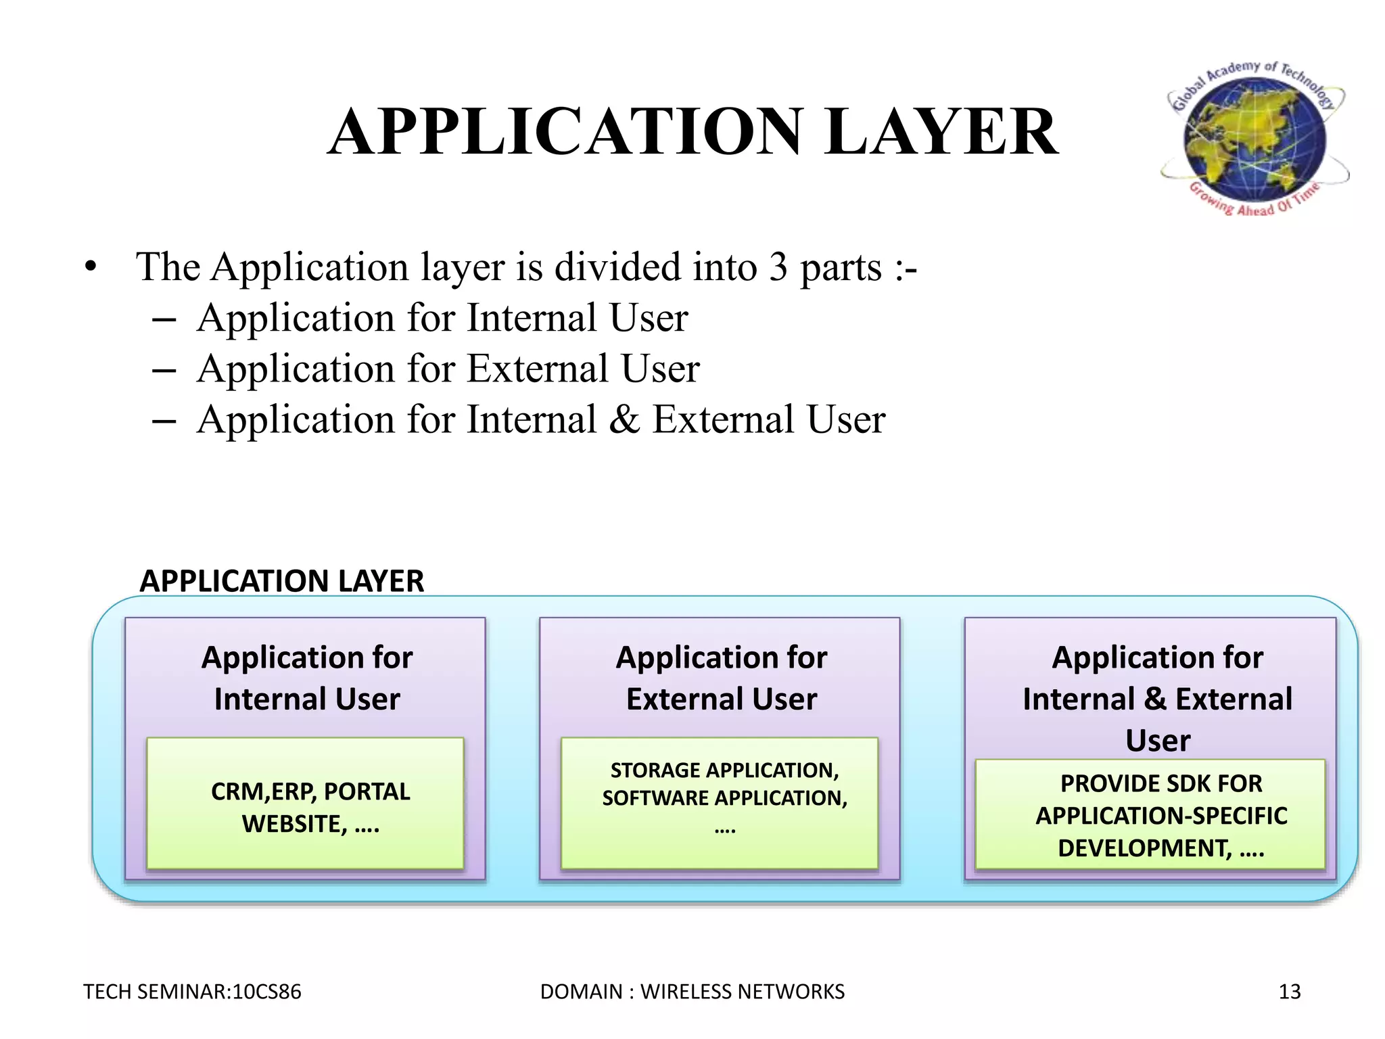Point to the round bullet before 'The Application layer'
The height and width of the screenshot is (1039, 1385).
(91, 267)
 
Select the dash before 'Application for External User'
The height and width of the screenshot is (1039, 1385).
(164, 370)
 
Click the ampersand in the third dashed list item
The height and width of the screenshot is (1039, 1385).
(624, 419)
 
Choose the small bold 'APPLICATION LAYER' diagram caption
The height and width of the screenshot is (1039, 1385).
(281, 581)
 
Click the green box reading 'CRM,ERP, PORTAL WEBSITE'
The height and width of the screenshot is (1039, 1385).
(305, 804)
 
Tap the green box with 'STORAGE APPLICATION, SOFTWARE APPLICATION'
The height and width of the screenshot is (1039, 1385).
(720, 804)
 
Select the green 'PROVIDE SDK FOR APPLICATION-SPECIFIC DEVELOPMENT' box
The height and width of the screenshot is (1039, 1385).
(1150, 814)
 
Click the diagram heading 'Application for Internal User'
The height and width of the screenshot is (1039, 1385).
(307, 678)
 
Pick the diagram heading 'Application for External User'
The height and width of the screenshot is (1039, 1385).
(722, 678)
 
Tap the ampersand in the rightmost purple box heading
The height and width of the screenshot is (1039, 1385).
(1155, 699)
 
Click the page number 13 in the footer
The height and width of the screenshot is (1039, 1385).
(1290, 992)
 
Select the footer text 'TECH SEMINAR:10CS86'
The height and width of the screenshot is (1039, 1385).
(192, 992)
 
